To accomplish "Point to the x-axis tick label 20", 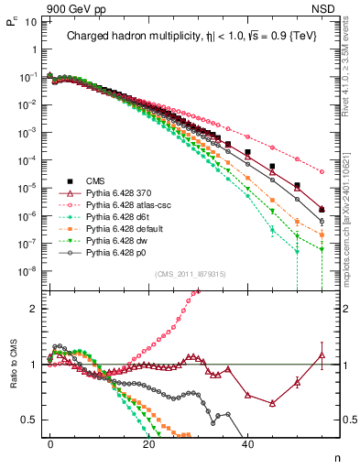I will (x=148, y=442).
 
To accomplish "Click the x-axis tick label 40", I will (x=247, y=442).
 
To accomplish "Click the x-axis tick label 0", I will (x=50, y=442).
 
